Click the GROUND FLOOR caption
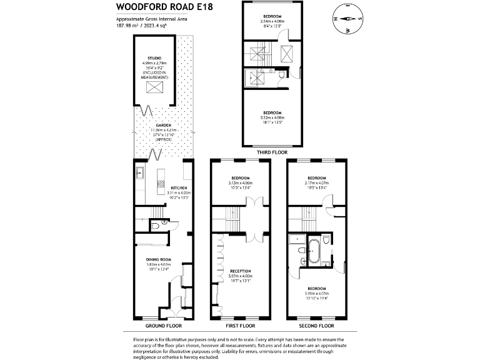click(x=163, y=326)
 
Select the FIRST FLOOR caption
click(x=241, y=326)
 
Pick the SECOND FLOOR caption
click(x=317, y=326)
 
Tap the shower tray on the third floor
click(x=256, y=77)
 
